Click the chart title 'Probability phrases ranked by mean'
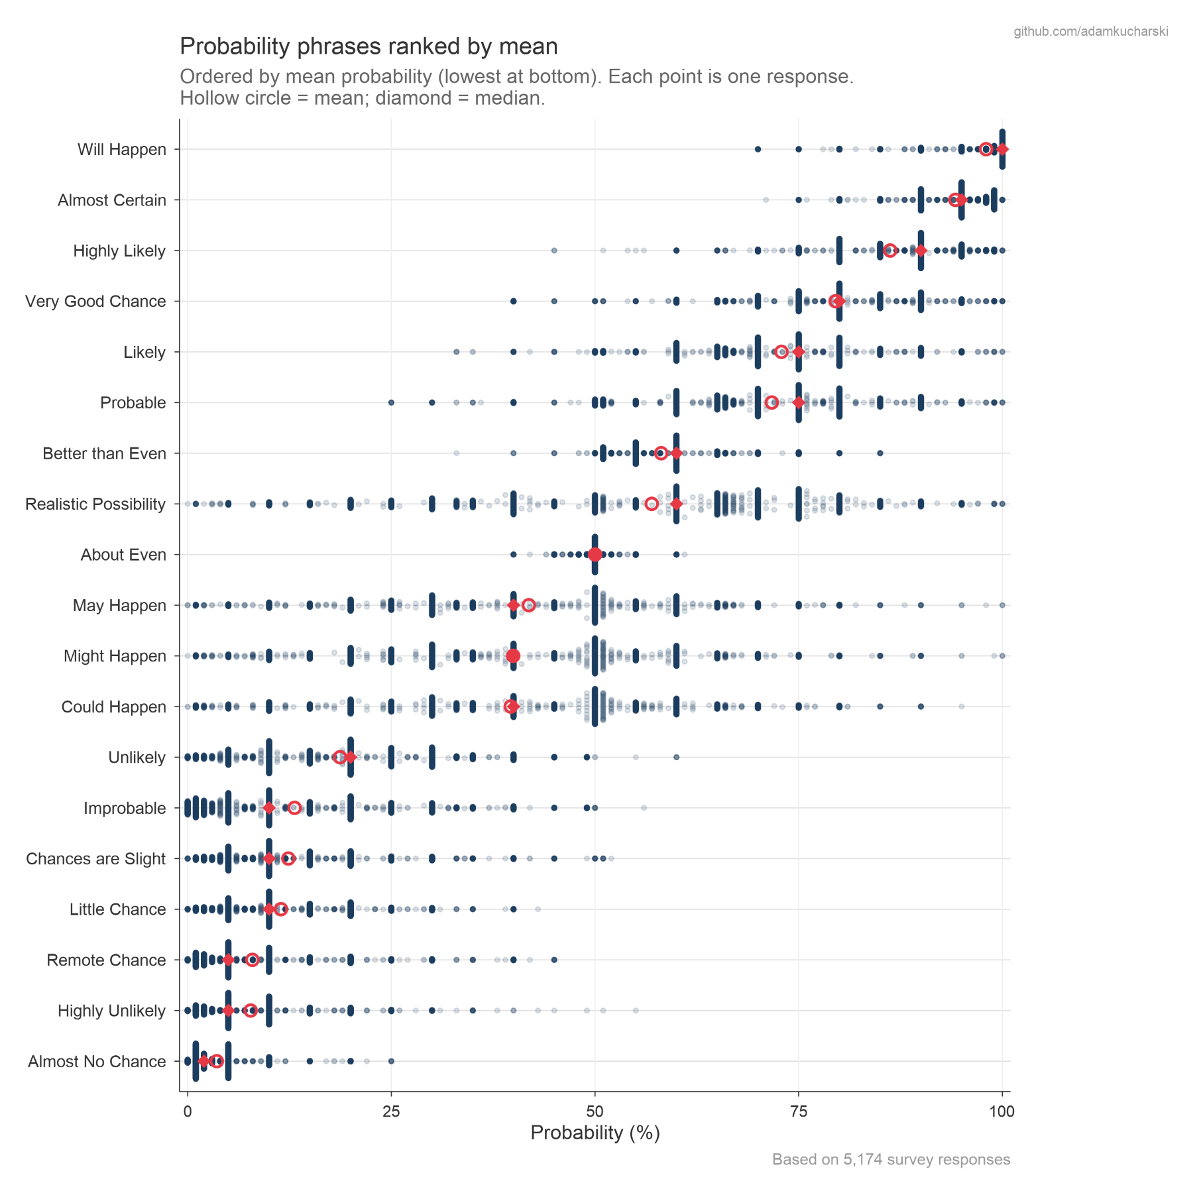coord(369,46)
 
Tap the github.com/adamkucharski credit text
coord(1091,32)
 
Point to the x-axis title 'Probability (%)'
coord(595,1133)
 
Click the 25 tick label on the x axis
coord(391,1111)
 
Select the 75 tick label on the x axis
coord(799,1111)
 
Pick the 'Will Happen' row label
coord(122,150)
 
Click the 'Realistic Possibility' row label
coord(95,504)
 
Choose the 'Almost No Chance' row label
coord(97,1062)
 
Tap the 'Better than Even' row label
coord(104,453)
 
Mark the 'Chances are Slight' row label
coord(96,859)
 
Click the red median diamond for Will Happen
coord(1002,149)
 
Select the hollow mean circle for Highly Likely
coord(890,251)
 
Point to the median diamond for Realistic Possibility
coord(676,504)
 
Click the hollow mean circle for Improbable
coord(294,808)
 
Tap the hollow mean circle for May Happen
coord(528,605)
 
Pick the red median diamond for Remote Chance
coord(228,960)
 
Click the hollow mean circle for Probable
coord(771,402)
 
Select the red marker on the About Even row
coord(595,555)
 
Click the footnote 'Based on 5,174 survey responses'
coord(891,1160)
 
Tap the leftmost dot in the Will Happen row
coord(758,149)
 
